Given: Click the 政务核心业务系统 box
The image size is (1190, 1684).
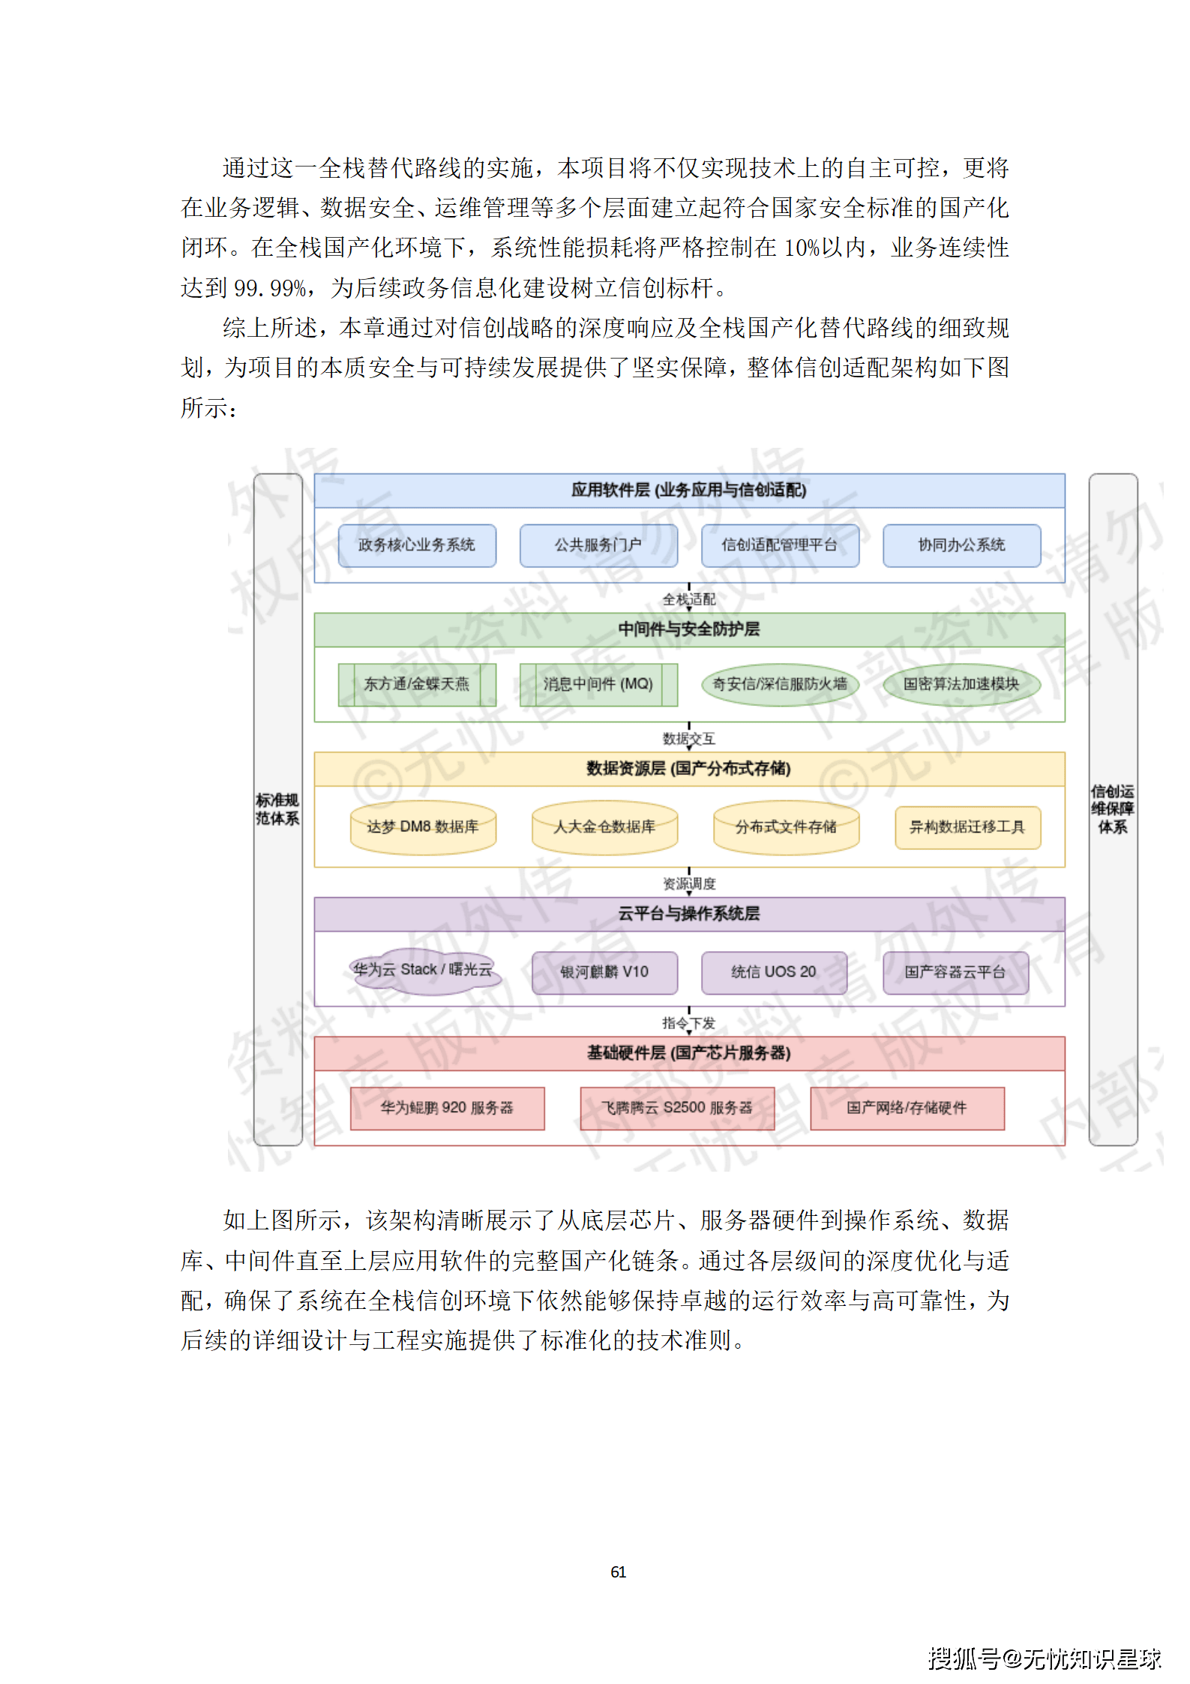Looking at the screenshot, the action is coord(417,545).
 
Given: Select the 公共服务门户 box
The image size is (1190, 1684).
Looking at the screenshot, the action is coord(598,545).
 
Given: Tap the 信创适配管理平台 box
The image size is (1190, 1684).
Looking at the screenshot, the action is coord(780,545).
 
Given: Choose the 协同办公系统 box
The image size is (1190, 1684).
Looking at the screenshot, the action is coord(961,545).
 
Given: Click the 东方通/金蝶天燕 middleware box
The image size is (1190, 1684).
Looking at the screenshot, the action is coord(417,684).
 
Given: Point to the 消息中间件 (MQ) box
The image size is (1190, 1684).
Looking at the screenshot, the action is coord(598,684).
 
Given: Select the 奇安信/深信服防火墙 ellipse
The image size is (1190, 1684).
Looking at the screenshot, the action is coord(780,684).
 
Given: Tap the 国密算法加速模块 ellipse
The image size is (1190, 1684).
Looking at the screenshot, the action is coord(961,684).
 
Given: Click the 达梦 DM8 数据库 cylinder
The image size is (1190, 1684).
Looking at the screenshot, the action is coord(423,827).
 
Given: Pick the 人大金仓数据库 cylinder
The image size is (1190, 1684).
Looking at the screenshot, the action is coord(604,827).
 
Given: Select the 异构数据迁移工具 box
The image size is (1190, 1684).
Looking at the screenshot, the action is coord(967,827).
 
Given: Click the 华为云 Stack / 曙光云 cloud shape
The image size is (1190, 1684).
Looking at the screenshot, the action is coord(424,971).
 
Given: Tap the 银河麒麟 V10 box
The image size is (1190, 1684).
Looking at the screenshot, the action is coord(604,973).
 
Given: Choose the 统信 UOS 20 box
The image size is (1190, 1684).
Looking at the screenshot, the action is coord(774,973).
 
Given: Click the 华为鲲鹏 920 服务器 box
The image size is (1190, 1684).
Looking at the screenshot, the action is coord(447,1109).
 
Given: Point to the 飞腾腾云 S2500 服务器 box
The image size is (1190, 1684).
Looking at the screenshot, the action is coord(677,1109).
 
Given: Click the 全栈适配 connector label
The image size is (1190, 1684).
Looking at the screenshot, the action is coord(689,599).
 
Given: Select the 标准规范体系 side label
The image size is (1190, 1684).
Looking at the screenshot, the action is coord(277,809).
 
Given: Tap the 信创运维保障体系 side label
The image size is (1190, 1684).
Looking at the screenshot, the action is coord(1113,809).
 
